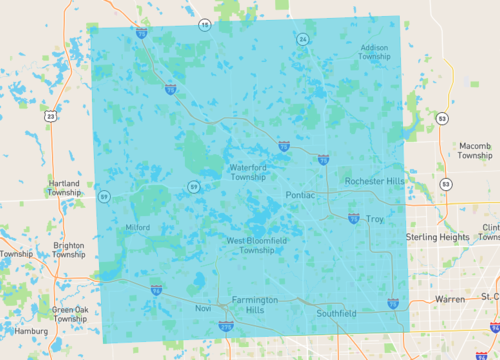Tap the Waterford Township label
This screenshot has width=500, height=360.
click(x=248, y=172)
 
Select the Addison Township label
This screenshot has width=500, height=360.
click(x=375, y=52)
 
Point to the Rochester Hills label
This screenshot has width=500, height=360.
click(x=374, y=181)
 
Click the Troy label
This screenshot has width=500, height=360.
click(x=375, y=218)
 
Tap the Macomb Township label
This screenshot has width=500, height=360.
click(x=475, y=151)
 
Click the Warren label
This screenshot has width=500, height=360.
click(x=450, y=299)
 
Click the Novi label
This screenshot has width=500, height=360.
click(x=203, y=308)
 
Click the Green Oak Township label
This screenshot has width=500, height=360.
click(x=69, y=316)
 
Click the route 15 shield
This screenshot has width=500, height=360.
click(x=204, y=24)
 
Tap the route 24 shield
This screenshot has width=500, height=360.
click(x=302, y=39)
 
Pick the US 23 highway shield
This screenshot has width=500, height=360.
click(x=50, y=116)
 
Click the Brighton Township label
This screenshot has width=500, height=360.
click(x=68, y=250)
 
